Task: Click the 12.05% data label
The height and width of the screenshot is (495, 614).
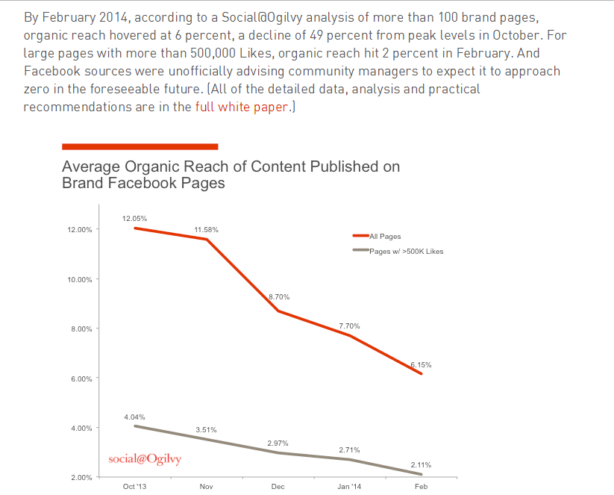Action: coord(134,219)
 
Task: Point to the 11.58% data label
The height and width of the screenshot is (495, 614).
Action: coord(206,230)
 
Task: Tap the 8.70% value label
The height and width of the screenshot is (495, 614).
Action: coord(279,297)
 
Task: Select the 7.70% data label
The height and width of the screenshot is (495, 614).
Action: coord(349,326)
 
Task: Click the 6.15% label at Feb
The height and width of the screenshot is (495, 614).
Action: coord(421,365)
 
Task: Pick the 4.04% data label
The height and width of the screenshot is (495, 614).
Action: coord(134,417)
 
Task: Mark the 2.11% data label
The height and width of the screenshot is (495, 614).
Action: coord(421,465)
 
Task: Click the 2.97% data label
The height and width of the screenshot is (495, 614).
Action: coord(278,443)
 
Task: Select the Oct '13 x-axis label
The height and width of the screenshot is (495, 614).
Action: coord(134,487)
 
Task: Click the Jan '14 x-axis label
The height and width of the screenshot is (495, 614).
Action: coord(349,487)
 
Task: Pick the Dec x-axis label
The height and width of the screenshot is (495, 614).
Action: coord(278,487)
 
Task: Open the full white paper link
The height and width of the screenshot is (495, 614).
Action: coord(241,107)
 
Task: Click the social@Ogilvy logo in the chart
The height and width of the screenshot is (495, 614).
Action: coord(145,458)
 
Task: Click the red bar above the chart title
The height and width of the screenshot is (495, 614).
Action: coord(140,146)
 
